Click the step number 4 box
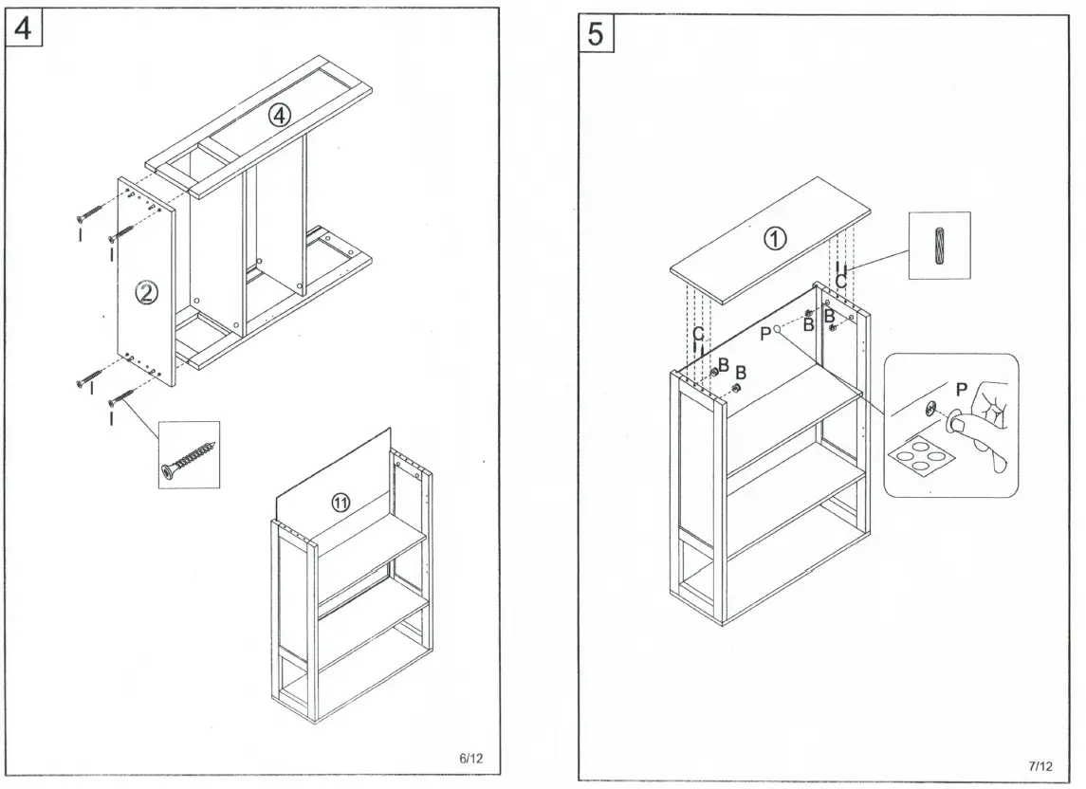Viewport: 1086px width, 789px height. pos(23,28)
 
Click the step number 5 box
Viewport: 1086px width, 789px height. pos(595,34)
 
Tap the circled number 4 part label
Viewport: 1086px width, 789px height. pos(278,116)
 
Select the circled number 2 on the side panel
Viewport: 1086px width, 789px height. pos(146,294)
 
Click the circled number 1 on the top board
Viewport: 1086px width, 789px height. pos(775,240)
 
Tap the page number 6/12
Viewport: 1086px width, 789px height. pos(471,758)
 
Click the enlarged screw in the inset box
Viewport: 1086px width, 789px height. pos(189,456)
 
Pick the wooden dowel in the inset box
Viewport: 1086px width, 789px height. pos(939,246)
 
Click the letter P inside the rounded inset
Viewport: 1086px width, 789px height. pos(961,390)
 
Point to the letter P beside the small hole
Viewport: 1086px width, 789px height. pos(765,334)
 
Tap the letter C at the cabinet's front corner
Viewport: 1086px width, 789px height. pos(698,334)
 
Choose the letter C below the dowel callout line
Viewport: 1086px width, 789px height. pos(840,282)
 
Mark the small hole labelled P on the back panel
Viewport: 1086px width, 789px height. pos(777,328)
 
